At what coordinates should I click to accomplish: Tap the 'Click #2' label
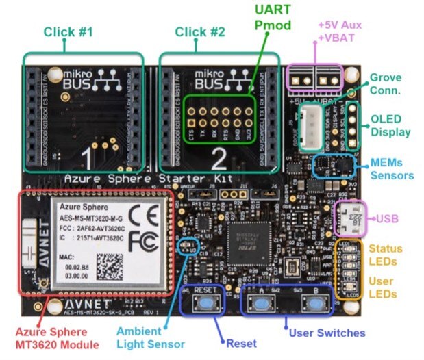200,31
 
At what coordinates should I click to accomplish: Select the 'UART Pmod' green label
271,18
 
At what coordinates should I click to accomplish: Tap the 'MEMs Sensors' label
392,168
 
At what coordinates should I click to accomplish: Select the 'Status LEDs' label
386,255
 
